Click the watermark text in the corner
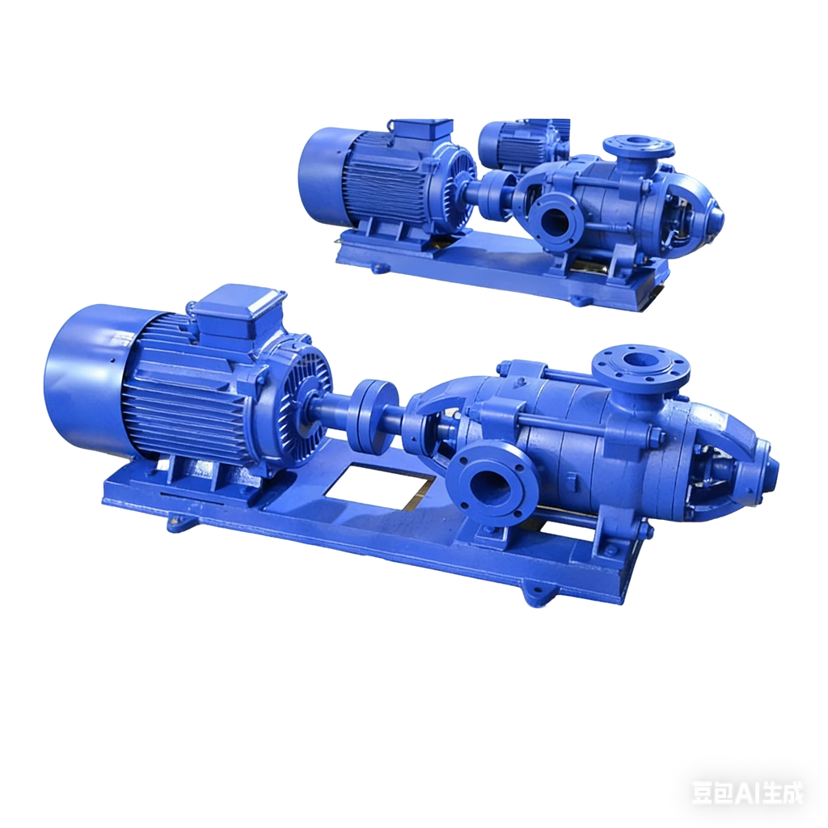coord(748,792)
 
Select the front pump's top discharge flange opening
coord(640,360)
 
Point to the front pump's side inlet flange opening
coord(491,489)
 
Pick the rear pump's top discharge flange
coord(639,145)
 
